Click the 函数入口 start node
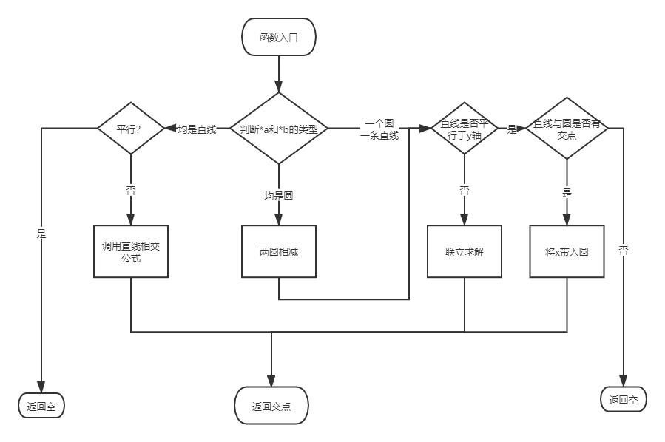279,37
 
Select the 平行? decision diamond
131,128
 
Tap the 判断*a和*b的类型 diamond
279,129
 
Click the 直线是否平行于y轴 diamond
464,128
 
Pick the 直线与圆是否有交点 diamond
567,128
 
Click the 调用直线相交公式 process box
131,251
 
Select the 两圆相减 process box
279,251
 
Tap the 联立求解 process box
464,251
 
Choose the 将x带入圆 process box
567,251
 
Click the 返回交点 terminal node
271,406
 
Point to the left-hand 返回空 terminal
41,406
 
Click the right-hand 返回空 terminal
624,400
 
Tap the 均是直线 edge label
197,129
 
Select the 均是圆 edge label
279,195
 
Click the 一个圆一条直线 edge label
380,129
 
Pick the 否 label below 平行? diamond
131,189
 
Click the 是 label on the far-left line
41,233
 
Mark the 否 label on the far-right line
624,250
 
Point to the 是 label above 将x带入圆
567,193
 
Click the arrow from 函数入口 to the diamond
279,73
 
